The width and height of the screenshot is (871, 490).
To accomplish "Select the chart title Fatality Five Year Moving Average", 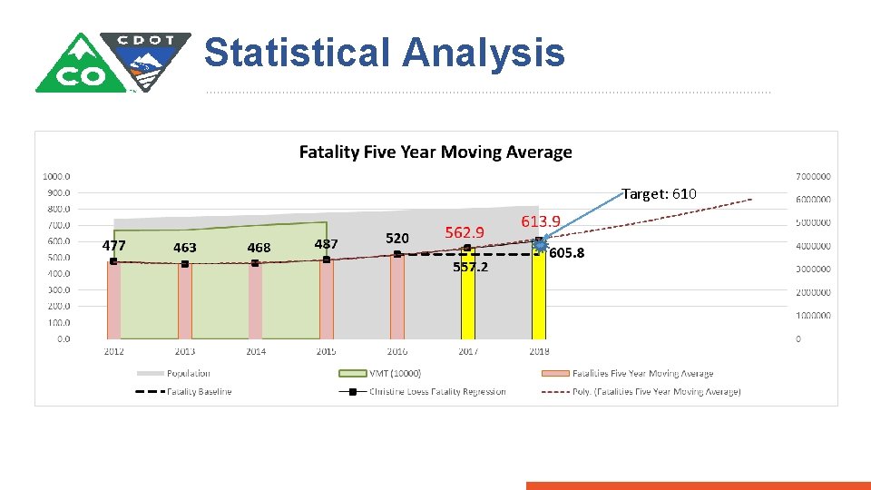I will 435,152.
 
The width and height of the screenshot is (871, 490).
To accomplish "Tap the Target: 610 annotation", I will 659,194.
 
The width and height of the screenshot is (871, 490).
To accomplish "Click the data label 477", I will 113,246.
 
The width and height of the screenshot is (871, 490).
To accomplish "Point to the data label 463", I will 184,248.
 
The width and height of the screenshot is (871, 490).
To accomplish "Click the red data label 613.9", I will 541,221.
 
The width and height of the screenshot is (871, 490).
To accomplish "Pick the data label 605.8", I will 566,253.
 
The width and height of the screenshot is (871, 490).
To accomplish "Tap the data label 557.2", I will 470,268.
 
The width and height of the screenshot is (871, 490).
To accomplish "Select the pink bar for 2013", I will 184,301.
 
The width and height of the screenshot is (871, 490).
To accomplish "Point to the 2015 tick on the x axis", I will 326,351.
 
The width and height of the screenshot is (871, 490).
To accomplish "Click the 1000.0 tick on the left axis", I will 58,176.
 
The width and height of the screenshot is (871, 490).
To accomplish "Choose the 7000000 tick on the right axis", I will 815,176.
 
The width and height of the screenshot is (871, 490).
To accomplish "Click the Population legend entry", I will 188,373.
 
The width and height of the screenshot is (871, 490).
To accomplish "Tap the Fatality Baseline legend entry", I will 199,392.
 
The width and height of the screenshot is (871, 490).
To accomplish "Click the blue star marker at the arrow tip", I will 542,244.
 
